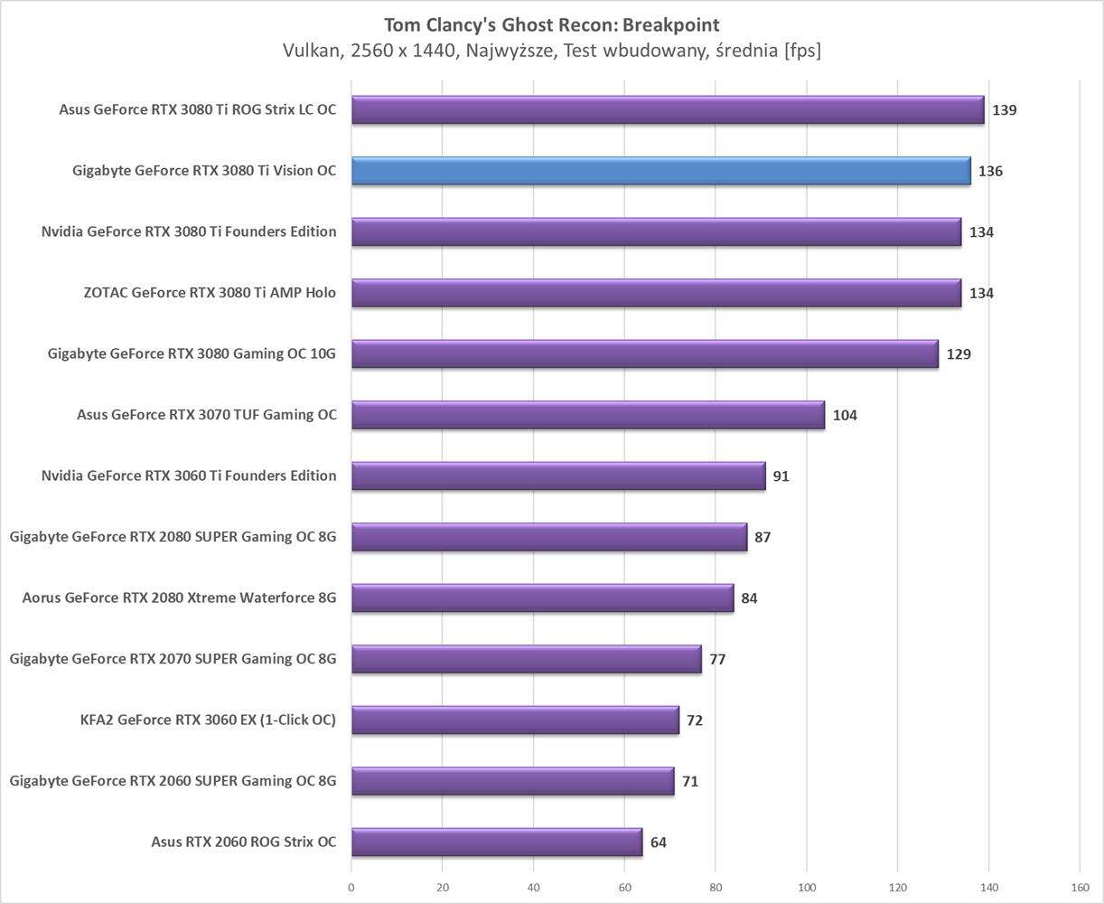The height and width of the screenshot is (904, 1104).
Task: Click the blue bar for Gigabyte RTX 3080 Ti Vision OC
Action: pyautogui.click(x=660, y=171)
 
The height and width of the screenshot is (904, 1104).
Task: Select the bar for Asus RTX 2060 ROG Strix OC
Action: pyautogui.click(x=497, y=842)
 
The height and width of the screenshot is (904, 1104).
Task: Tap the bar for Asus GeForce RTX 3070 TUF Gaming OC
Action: pyautogui.click(x=587, y=415)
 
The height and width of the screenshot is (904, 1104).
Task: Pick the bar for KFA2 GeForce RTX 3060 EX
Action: pyautogui.click(x=515, y=720)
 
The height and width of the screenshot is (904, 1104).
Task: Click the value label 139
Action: pyautogui.click(x=1004, y=110)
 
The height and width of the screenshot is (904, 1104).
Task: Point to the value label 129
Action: pyautogui.click(x=959, y=354)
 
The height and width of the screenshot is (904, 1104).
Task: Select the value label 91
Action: pyautogui.click(x=781, y=476)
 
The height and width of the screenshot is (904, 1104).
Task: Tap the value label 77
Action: pyautogui.click(x=717, y=659)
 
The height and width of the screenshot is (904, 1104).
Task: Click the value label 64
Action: pyautogui.click(x=658, y=843)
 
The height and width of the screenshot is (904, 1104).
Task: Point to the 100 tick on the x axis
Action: pyautogui.click(x=807, y=888)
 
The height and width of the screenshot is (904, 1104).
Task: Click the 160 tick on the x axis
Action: pyautogui.click(x=1080, y=888)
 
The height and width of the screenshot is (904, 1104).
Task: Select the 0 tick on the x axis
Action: pyautogui.click(x=351, y=888)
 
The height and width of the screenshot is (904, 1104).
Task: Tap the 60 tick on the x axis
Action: pyautogui.click(x=624, y=888)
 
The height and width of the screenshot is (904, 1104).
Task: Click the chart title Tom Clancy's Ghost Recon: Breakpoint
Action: pyautogui.click(x=552, y=24)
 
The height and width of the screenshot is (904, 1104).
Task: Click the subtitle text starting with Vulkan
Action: pyautogui.click(x=552, y=52)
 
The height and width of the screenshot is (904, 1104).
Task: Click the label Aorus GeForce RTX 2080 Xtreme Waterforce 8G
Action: pyautogui.click(x=179, y=598)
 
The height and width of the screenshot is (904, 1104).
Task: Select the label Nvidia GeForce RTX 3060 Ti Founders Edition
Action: pyautogui.click(x=189, y=476)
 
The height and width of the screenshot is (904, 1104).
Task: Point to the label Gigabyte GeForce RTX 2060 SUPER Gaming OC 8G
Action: pyautogui.click(x=173, y=780)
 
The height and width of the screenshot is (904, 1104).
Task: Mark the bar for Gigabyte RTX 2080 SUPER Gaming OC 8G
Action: pyautogui.click(x=549, y=537)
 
